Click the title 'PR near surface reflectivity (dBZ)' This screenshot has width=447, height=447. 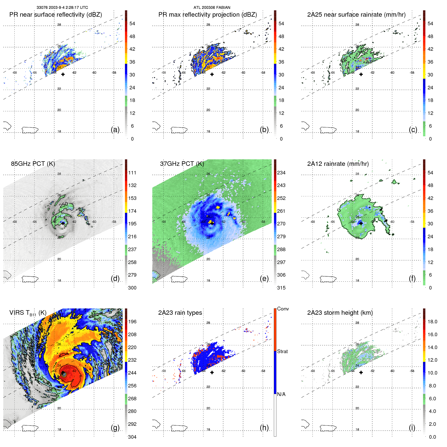pyautogui.click(x=56, y=15)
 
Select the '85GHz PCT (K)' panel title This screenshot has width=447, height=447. pyautogui.click(x=33, y=164)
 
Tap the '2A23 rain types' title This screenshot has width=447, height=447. pyautogui.click(x=180, y=313)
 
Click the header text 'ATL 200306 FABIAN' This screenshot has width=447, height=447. pyautogui.click(x=212, y=8)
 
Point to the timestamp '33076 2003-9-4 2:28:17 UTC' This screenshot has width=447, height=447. pyautogui.click(x=62, y=8)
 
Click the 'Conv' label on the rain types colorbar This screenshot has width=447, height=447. pyautogui.click(x=283, y=309)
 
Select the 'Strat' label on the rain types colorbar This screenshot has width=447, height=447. pyautogui.click(x=282, y=351)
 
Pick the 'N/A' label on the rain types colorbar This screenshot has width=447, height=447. pyautogui.click(x=281, y=394)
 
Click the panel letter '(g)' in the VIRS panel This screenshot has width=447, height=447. pyautogui.click(x=115, y=428)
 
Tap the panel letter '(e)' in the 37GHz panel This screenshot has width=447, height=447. pyautogui.click(x=264, y=279)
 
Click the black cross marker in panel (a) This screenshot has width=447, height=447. pyautogui.click(x=63, y=74)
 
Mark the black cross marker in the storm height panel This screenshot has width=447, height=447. pyautogui.click(x=361, y=373)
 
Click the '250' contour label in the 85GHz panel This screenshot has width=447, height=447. pyautogui.click(x=63, y=205)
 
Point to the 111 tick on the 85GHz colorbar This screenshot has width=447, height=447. pyautogui.click(x=132, y=173)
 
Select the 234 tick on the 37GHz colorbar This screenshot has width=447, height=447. pyautogui.click(x=281, y=173)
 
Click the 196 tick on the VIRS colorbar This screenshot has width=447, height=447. pyautogui.click(x=132, y=322)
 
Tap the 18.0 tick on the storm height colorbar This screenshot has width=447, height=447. pyautogui.click(x=432, y=322)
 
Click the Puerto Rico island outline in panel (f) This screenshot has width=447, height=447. pyautogui.click(x=328, y=279)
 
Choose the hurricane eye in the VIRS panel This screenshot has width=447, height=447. pyautogui.click(x=63, y=374)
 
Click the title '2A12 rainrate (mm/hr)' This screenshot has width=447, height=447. pyautogui.click(x=338, y=164)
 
